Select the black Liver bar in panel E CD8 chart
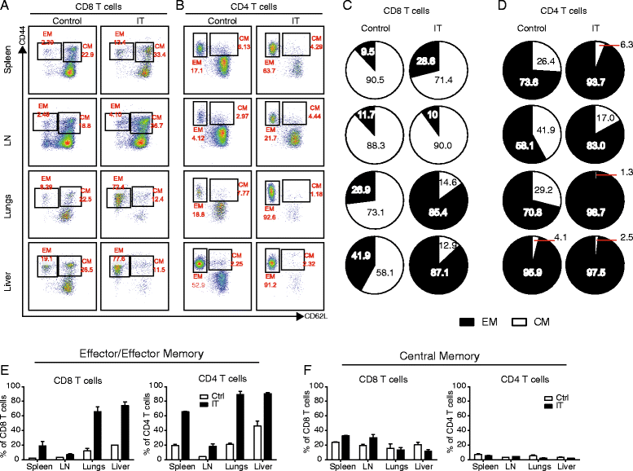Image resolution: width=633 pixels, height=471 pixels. pyautogui.click(x=125, y=431)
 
